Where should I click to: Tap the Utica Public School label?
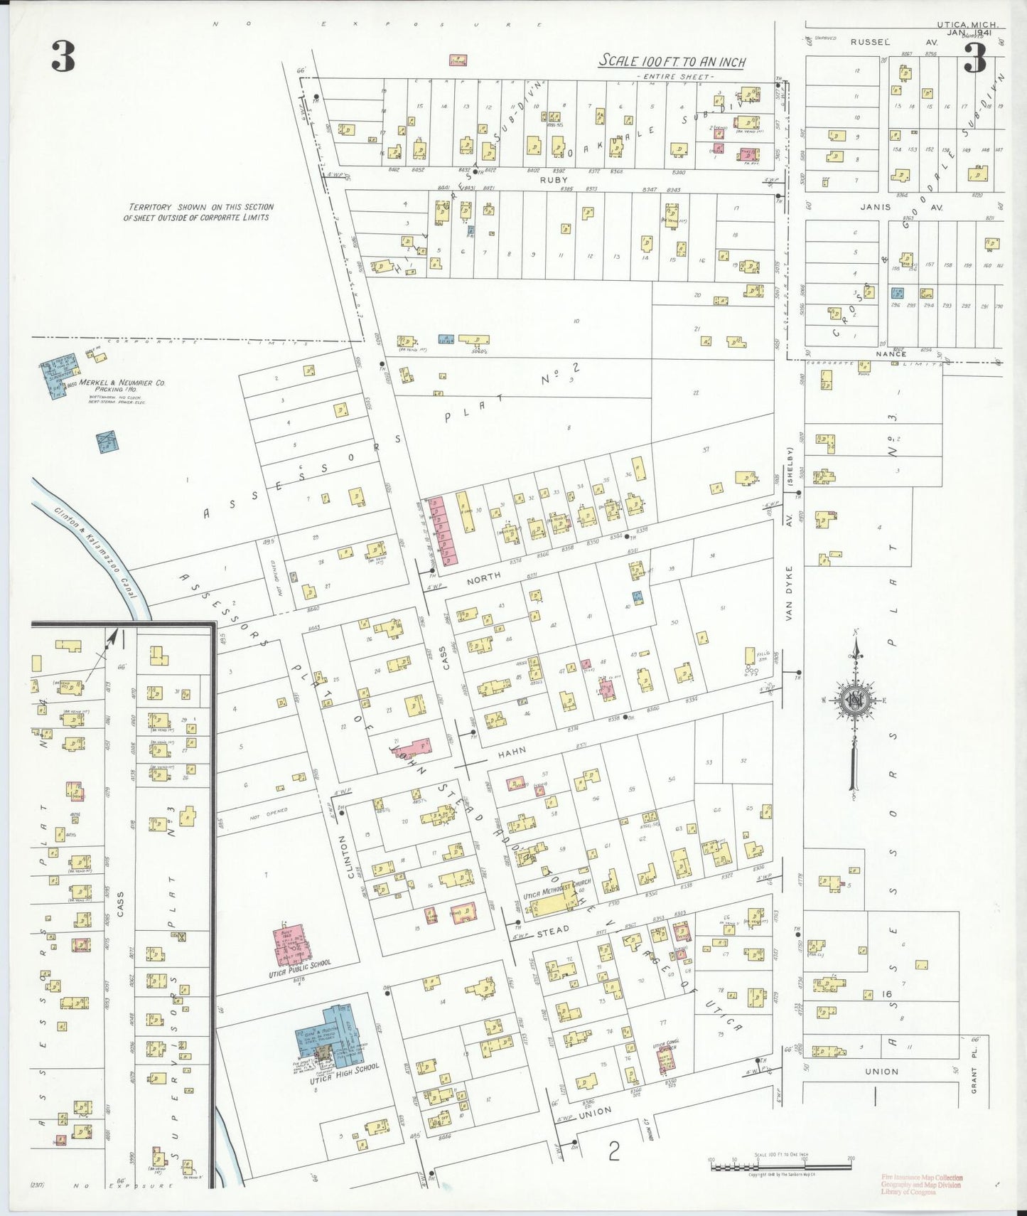click(300, 969)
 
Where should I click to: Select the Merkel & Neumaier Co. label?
click(122, 383)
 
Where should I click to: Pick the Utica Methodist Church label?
click(556, 890)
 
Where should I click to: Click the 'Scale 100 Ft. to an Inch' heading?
click(672, 61)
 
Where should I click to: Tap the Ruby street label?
click(554, 181)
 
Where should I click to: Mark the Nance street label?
click(891, 353)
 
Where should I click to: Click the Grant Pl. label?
click(974, 1069)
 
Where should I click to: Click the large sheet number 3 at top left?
click(63, 57)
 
